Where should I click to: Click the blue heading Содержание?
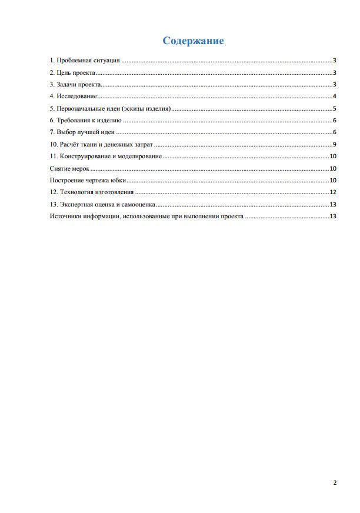(193, 41)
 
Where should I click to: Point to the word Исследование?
(77, 96)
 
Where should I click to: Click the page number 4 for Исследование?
(334, 96)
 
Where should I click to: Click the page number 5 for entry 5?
(334, 109)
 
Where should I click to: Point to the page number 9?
(334, 145)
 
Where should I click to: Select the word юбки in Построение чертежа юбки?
(119, 181)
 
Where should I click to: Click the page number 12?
(332, 192)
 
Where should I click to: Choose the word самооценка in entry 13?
(139, 205)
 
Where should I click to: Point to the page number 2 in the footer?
(335, 483)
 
